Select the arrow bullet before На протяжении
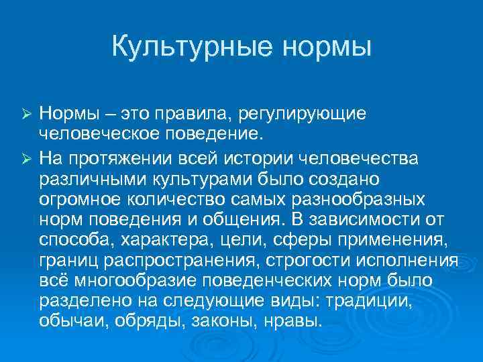(26, 158)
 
